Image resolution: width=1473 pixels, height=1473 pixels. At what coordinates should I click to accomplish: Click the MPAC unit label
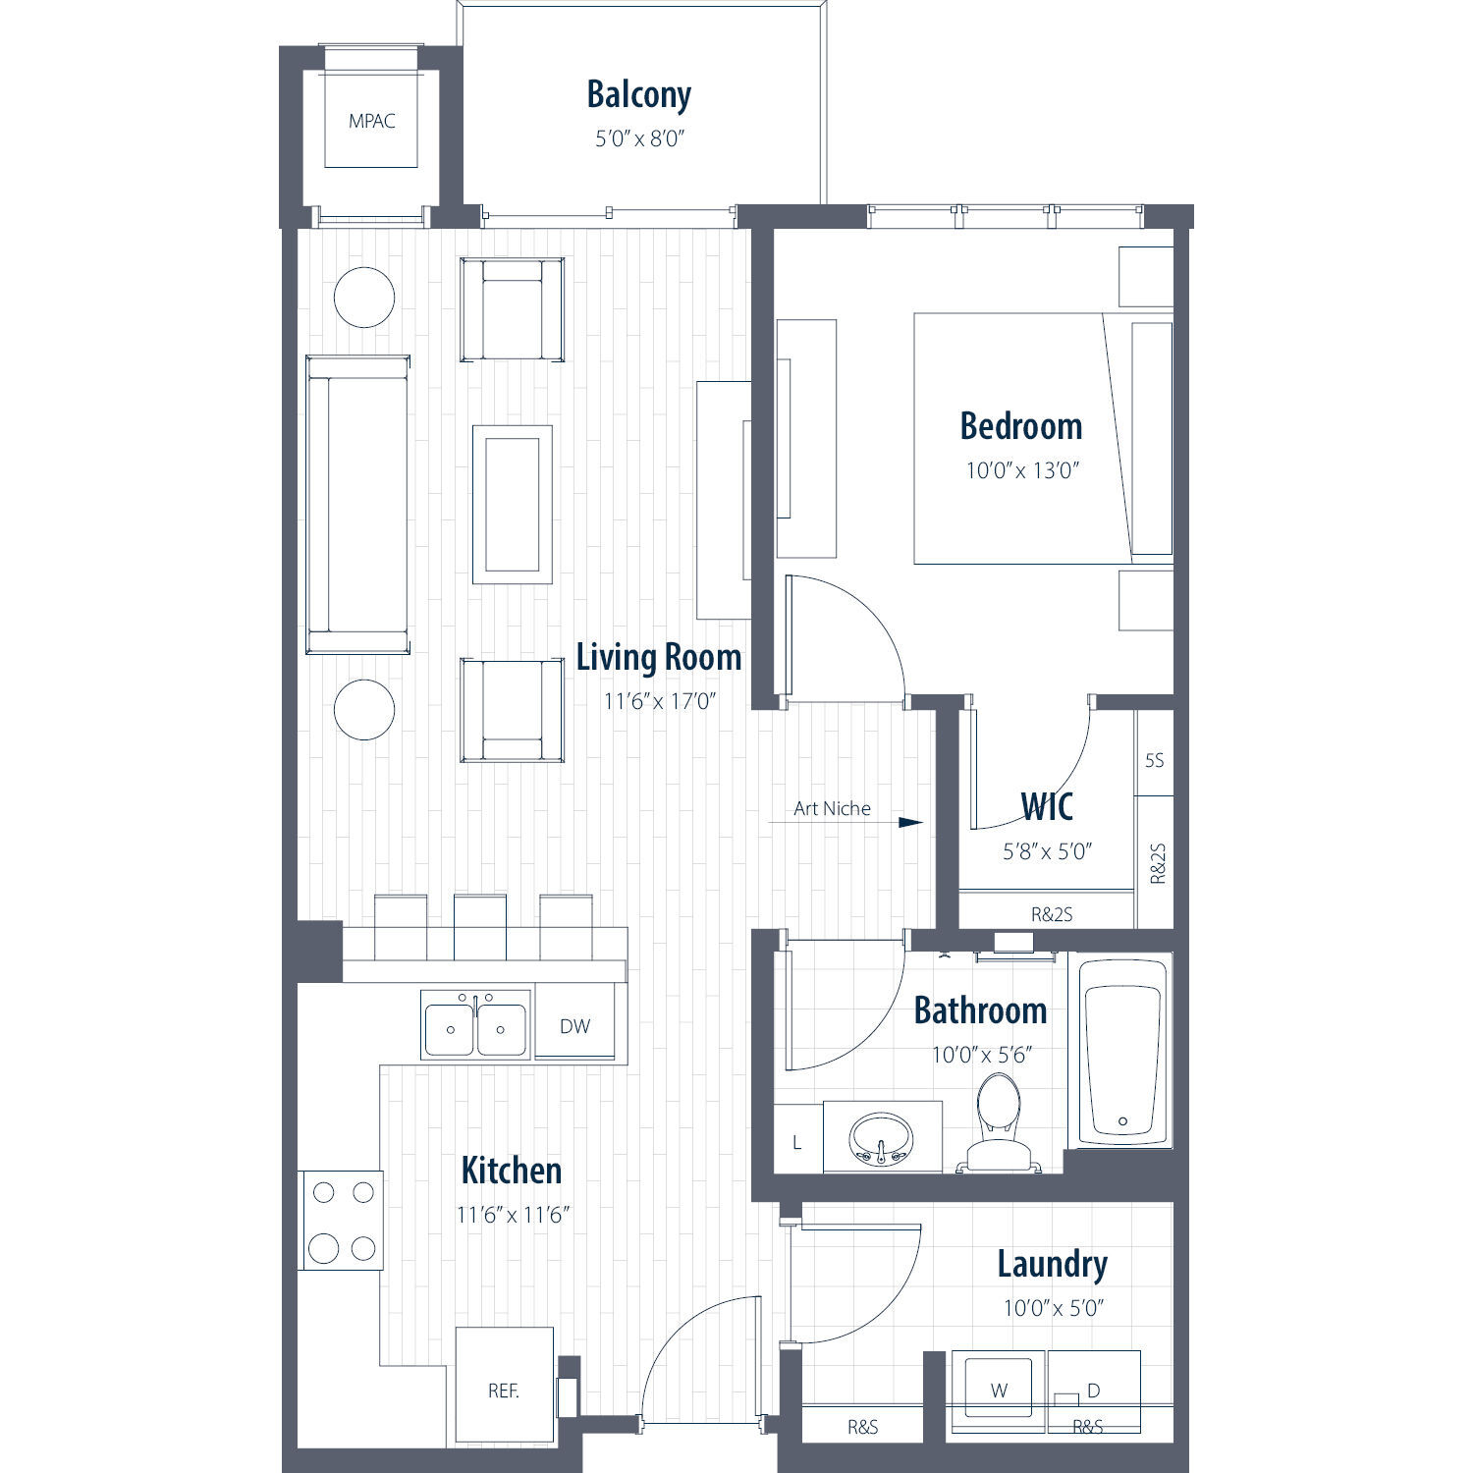click(372, 121)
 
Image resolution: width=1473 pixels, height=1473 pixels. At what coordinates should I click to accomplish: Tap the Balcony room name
click(639, 94)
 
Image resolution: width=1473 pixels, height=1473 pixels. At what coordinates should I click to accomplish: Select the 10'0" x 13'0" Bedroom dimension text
click(1022, 470)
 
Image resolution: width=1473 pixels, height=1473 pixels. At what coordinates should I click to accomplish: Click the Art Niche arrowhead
click(911, 823)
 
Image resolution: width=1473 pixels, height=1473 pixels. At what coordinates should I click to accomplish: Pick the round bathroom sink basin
click(881, 1137)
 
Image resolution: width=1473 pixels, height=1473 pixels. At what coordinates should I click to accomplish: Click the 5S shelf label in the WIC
click(1155, 760)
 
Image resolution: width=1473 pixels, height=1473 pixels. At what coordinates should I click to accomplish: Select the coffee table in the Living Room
click(513, 504)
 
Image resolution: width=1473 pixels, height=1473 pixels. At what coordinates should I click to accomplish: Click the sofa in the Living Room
click(357, 505)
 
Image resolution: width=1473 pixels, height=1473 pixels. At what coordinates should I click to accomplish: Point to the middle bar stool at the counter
click(480, 926)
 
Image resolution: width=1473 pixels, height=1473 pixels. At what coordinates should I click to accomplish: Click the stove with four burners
click(341, 1221)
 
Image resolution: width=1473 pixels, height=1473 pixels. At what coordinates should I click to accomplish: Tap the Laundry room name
click(1053, 1265)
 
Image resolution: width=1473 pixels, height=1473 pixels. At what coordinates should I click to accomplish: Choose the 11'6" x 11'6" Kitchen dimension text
click(514, 1215)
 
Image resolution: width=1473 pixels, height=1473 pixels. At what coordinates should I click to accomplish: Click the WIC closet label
click(1047, 807)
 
